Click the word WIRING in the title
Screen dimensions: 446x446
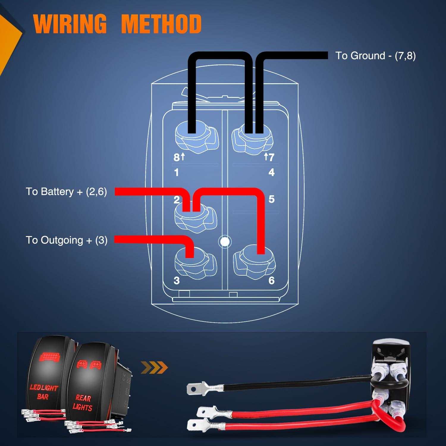click(70, 23)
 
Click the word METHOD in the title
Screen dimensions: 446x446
click(161, 23)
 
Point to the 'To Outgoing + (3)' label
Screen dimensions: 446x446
click(67, 240)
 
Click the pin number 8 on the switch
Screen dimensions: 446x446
click(177, 157)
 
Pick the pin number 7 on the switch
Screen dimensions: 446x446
click(271, 157)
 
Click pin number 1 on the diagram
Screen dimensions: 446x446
click(177, 172)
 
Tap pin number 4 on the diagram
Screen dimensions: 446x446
click(271, 172)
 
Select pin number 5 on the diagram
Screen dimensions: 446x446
click(271, 199)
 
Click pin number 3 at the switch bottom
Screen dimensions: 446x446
click(177, 280)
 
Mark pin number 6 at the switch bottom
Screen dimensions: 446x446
click(271, 280)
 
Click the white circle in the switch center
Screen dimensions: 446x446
click(225, 241)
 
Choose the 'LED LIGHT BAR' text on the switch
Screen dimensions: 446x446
click(43, 392)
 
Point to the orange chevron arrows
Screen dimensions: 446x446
click(154, 368)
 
